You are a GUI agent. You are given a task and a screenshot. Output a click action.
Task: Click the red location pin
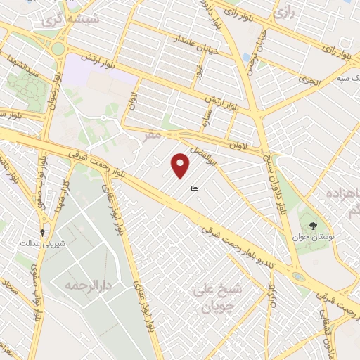point(181,166)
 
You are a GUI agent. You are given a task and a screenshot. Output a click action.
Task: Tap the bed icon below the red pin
point(195,188)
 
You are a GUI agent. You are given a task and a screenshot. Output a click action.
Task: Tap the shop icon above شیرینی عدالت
point(42,231)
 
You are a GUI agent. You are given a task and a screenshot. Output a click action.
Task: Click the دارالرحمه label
point(80,285)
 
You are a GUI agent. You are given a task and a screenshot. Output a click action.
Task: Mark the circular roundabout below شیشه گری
point(57,49)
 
